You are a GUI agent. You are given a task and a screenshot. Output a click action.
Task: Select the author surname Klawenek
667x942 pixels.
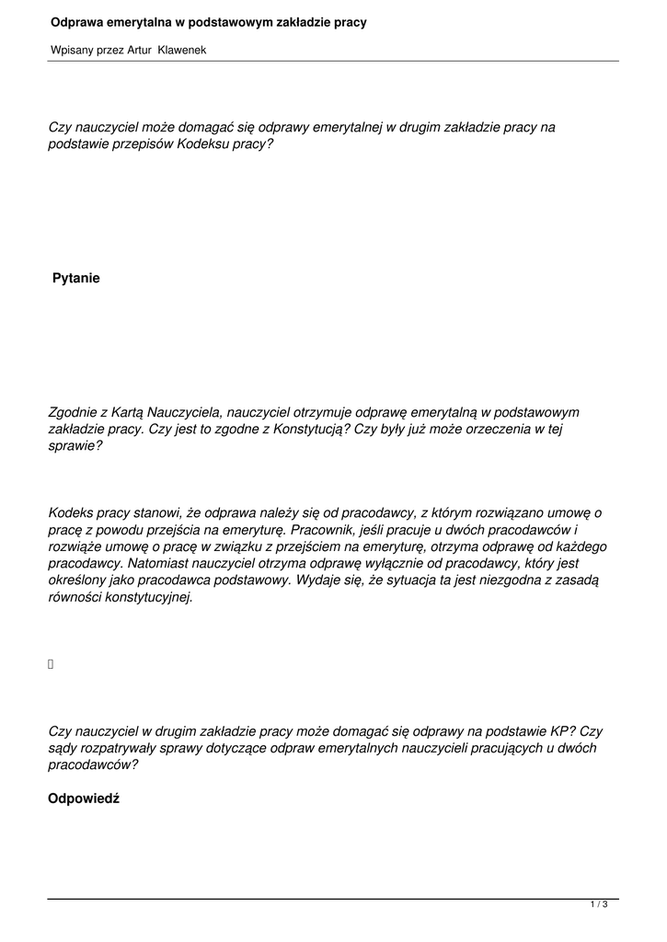point(182,51)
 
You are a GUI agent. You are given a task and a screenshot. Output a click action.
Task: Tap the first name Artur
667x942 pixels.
point(139,51)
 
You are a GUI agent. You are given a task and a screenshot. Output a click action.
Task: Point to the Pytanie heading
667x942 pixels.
point(76,278)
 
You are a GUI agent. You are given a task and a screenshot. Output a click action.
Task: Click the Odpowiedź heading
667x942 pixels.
point(84,798)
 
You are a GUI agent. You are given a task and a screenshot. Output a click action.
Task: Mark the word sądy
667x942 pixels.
point(63,748)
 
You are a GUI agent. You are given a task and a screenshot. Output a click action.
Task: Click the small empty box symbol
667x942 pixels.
point(52,663)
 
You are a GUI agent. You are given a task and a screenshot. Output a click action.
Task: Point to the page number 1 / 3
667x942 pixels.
point(599,905)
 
